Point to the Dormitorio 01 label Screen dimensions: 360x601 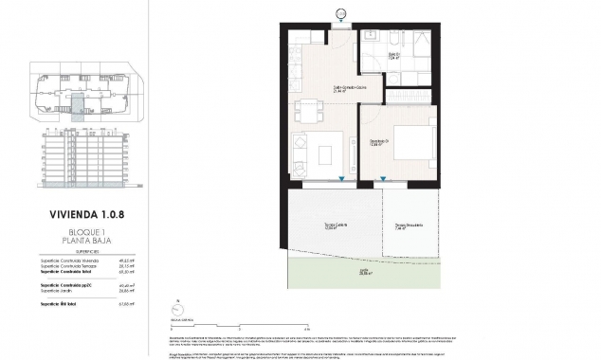click(380, 142)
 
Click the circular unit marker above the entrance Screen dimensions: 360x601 click(341, 11)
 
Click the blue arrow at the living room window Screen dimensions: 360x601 click(340, 180)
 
